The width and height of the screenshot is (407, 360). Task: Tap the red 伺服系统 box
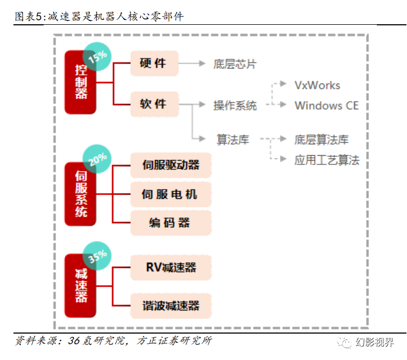point(80,195)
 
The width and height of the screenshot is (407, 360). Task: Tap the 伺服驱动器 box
point(171,165)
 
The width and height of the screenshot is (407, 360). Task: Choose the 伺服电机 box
point(171,194)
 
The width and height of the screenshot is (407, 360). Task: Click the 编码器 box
point(171,223)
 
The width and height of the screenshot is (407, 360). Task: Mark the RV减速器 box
point(171,267)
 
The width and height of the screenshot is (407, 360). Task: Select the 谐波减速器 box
point(171,306)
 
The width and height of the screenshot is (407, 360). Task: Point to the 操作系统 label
point(235,106)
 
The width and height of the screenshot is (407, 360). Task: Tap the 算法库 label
point(233,140)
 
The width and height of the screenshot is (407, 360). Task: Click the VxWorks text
point(317,85)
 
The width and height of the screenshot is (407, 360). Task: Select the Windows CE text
point(326,106)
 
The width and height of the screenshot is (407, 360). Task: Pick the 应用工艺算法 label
point(326,160)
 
